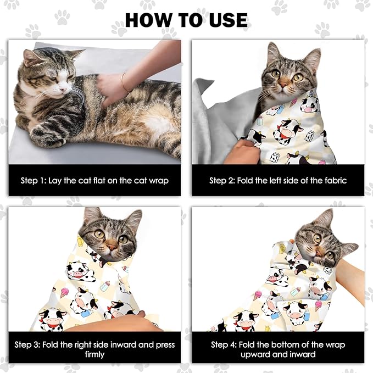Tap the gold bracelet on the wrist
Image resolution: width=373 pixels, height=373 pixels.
pyautogui.click(x=124, y=82)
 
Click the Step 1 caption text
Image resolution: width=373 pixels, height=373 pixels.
pyautogui.click(x=94, y=180)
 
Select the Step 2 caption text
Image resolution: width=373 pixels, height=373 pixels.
pyautogui.click(x=277, y=180)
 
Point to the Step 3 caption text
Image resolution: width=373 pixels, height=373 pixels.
pyautogui.click(x=94, y=349)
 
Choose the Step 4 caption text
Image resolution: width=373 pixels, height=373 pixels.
pyautogui.click(x=277, y=349)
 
